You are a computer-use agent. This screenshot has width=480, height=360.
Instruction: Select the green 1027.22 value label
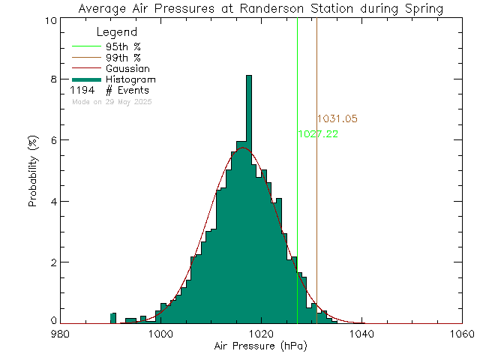point(318,134)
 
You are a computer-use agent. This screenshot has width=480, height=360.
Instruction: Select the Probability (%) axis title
point(34,171)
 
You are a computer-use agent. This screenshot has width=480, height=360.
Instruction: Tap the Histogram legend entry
point(130,79)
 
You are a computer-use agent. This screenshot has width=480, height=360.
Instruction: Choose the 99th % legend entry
point(123,57)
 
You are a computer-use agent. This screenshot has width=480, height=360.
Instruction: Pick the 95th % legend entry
point(123,46)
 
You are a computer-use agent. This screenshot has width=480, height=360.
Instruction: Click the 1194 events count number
point(82,91)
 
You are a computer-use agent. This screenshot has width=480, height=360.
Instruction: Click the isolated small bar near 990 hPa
point(113,318)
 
